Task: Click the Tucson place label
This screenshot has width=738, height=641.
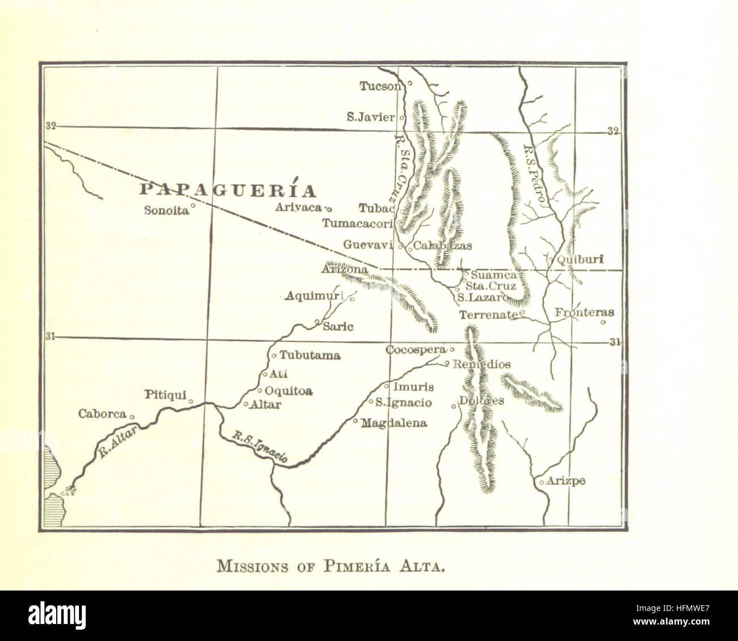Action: [x=380, y=86]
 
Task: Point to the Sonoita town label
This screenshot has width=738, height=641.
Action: [x=166, y=210]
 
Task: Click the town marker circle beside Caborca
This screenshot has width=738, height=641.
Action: [x=132, y=417]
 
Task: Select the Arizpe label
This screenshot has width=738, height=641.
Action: [x=566, y=481]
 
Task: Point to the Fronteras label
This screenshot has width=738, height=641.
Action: [x=584, y=313]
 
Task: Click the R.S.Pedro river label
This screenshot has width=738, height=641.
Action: [x=534, y=174]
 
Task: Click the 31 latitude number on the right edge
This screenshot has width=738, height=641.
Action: [x=614, y=342]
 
